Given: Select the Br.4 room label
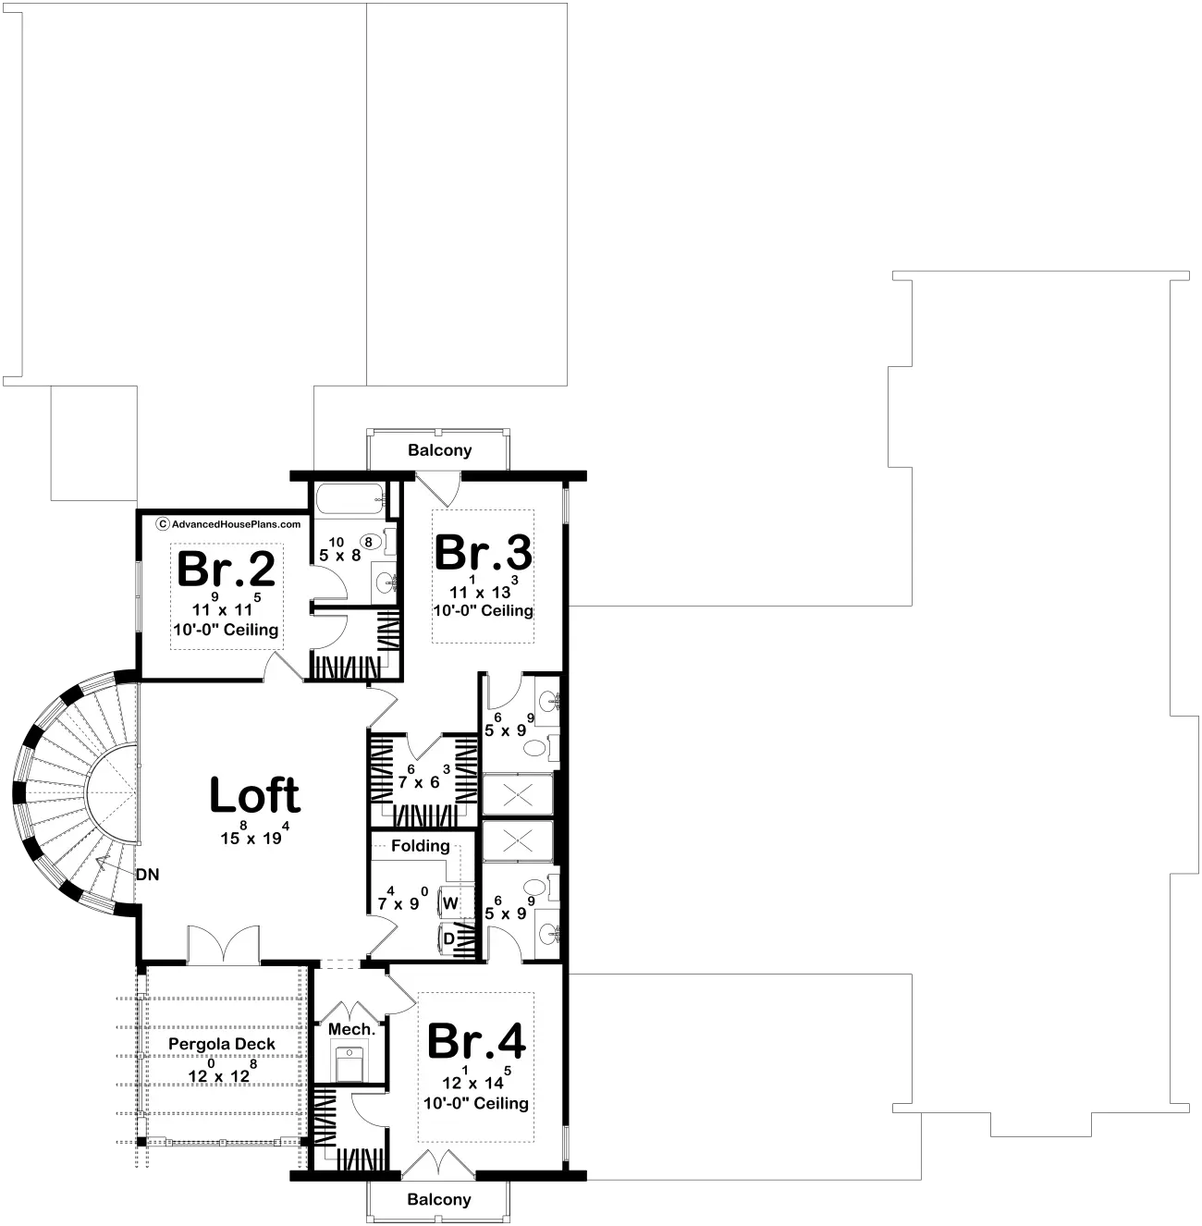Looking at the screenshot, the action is click(x=476, y=1041).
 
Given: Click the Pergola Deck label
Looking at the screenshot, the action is click(x=222, y=1044).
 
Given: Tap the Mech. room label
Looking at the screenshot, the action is click(x=352, y=1029).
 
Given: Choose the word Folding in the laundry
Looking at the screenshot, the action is click(x=420, y=846).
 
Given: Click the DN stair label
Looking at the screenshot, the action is click(x=148, y=875).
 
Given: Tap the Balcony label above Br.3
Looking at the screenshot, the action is click(x=440, y=450).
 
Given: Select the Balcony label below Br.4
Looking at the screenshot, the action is click(x=439, y=1199).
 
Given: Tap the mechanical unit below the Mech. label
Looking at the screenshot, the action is click(x=350, y=1064).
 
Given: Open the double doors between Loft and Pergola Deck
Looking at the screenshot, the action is click(x=224, y=944).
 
